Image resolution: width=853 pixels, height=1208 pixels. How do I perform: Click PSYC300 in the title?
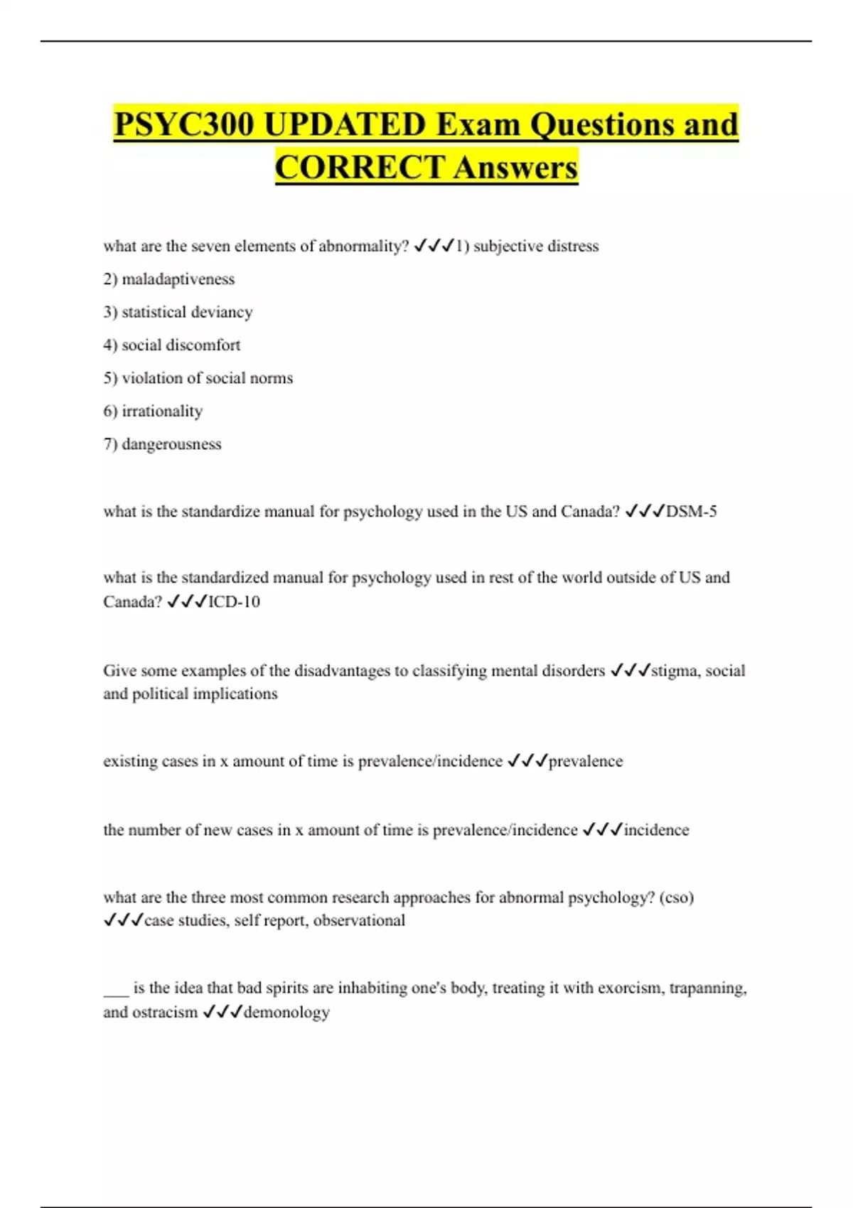tap(183, 125)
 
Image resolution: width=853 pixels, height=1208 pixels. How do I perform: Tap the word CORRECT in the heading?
tap(360, 168)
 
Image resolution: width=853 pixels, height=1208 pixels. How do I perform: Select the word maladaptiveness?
tap(178, 279)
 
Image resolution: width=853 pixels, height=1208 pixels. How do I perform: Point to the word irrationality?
tap(162, 411)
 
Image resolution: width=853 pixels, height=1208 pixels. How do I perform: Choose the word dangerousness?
tap(171, 444)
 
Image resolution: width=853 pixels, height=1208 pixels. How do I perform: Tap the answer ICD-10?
tap(234, 602)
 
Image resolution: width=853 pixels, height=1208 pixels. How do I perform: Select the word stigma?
tap(674, 671)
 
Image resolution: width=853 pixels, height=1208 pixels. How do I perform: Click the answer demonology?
tap(286, 1012)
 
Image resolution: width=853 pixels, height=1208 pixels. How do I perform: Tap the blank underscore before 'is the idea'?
tap(116, 991)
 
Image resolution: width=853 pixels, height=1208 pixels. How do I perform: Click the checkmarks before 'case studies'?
tap(123, 921)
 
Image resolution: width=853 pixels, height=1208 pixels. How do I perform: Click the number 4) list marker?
tap(110, 345)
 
